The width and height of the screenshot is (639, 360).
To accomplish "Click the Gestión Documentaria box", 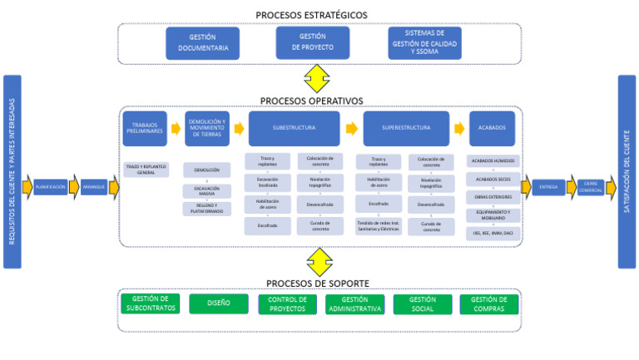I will pyautogui.click(x=202, y=43).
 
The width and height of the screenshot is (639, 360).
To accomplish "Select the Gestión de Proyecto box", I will pyautogui.click(x=313, y=42).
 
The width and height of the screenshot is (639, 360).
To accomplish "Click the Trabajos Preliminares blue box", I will pyautogui.click(x=145, y=129).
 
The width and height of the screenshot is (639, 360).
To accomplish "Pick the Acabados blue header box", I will pyautogui.click(x=493, y=129).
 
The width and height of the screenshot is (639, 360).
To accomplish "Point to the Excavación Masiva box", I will pyautogui.click(x=206, y=190).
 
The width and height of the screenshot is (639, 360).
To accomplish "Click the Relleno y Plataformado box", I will pyautogui.click(x=206, y=209).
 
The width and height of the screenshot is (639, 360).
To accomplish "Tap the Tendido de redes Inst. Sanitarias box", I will pyautogui.click(x=379, y=226).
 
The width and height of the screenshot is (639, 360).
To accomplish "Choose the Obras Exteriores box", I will pyautogui.click(x=493, y=198).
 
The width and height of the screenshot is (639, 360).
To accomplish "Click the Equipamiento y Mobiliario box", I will pyautogui.click(x=493, y=215).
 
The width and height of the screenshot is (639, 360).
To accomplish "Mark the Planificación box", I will pyautogui.click(x=50, y=187).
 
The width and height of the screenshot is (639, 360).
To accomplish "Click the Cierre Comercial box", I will pyautogui.click(x=590, y=187).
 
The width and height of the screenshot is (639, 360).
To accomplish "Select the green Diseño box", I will pyautogui.click(x=218, y=303).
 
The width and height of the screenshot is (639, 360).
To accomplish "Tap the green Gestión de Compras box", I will pyautogui.click(x=489, y=303).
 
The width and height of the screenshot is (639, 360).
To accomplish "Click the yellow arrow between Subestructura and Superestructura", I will pyautogui.click(x=352, y=129).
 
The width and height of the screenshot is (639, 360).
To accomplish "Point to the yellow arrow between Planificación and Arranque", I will pyautogui.click(x=73, y=187).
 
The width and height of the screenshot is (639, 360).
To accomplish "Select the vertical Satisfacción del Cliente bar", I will pyautogui.click(x=627, y=171).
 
